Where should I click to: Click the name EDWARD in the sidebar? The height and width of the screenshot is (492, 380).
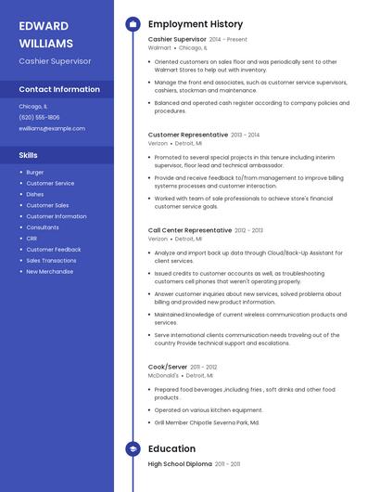pyautogui.click(x=44, y=25)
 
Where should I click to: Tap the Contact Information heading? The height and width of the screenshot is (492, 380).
pyautogui.click(x=59, y=89)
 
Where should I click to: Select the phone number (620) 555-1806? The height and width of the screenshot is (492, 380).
pyautogui.click(x=39, y=117)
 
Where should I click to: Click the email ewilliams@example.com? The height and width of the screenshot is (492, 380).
pyautogui.click(x=52, y=128)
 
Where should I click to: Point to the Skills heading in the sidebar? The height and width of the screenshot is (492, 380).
pyautogui.click(x=28, y=155)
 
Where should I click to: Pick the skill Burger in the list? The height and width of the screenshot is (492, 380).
pyautogui.click(x=35, y=172)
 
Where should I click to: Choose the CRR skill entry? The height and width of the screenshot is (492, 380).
pyautogui.click(x=32, y=239)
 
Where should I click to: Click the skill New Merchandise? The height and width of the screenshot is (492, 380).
pyautogui.click(x=49, y=272)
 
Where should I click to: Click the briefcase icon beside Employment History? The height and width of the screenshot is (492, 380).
pyautogui.click(x=133, y=24)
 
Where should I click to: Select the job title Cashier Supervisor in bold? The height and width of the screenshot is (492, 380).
pyautogui.click(x=177, y=40)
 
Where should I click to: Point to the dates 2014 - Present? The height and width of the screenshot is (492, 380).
pyautogui.click(x=228, y=40)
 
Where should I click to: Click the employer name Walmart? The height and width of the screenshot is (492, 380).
pyautogui.click(x=159, y=47)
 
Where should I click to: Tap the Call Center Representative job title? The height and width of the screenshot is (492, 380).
pyautogui.click(x=190, y=230)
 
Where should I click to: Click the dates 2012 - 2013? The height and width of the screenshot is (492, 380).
pyautogui.click(x=248, y=230)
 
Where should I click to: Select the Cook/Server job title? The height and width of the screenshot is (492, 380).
pyautogui.click(x=169, y=367)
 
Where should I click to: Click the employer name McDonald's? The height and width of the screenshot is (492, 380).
pyautogui.click(x=164, y=375)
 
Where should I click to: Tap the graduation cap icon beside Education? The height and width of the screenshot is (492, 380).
pyautogui.click(x=133, y=449)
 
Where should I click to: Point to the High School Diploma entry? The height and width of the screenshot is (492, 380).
pyautogui.click(x=180, y=463)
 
